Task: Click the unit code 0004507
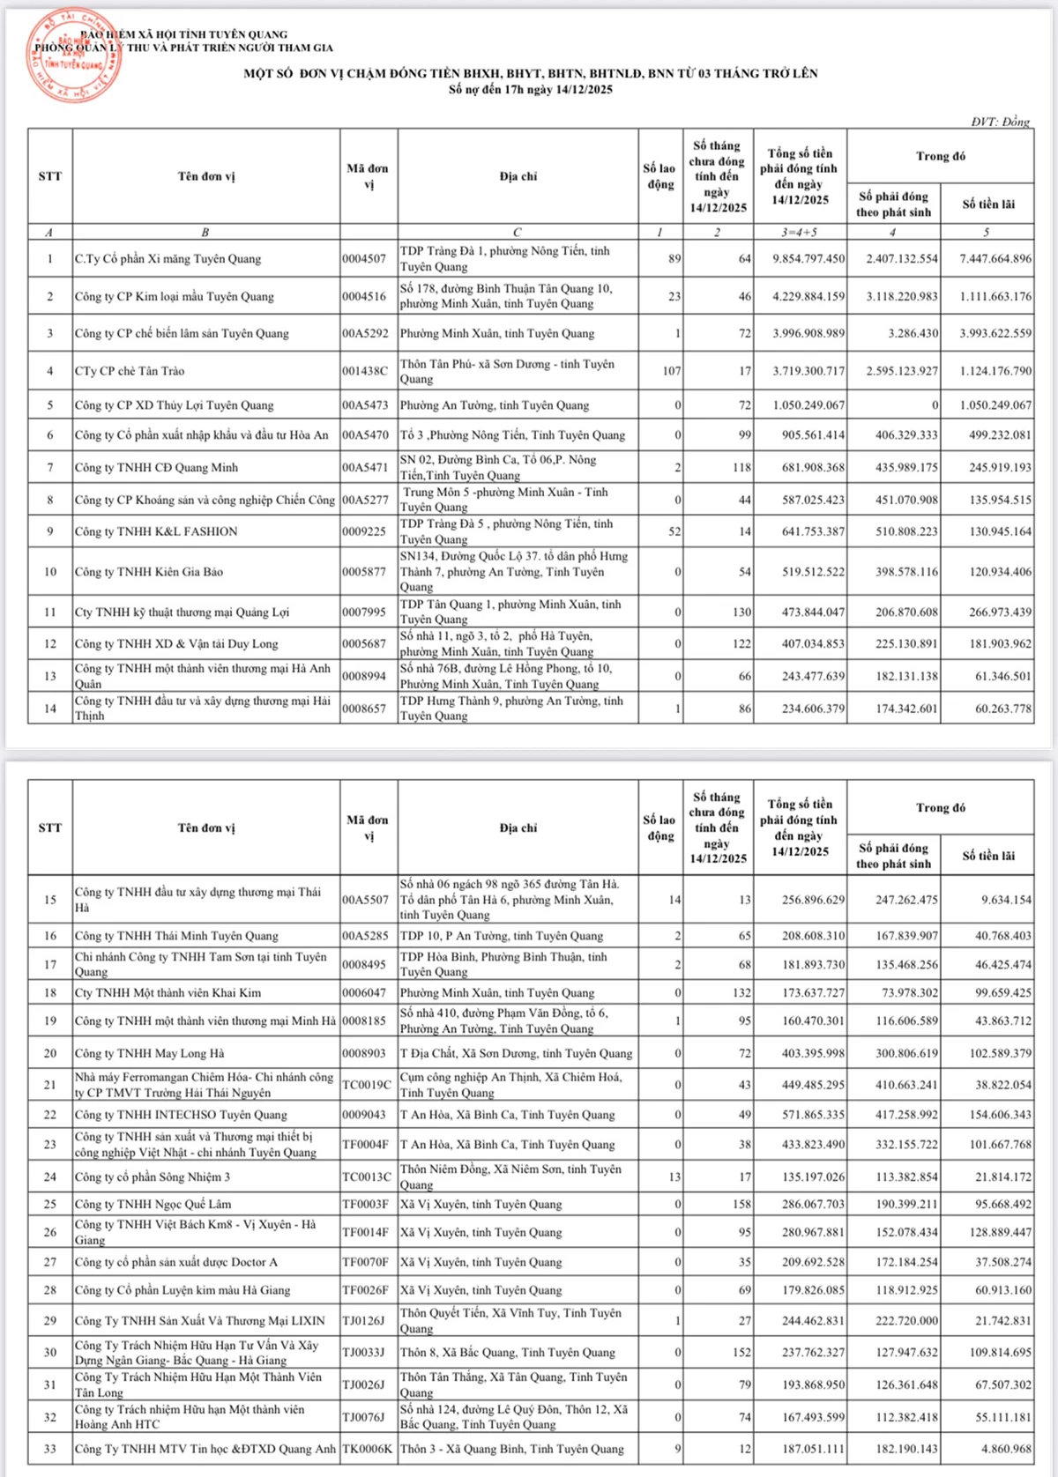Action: tap(364, 259)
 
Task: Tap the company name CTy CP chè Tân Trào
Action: tap(130, 371)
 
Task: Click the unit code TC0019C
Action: tap(366, 1085)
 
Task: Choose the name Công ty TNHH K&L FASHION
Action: tap(156, 531)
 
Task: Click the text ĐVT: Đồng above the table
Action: tap(1000, 122)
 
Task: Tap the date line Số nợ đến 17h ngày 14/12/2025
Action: tap(530, 89)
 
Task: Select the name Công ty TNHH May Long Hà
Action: tap(149, 1053)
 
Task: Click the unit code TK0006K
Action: tap(367, 1449)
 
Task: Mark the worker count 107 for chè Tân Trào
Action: tap(671, 371)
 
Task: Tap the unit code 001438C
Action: tap(364, 371)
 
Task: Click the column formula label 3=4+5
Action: tap(800, 233)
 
